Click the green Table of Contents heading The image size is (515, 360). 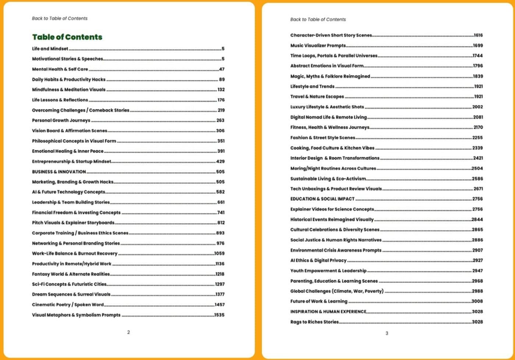tap(67, 37)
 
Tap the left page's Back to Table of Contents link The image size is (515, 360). tap(60, 18)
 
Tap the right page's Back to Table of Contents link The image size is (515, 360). tap(318, 19)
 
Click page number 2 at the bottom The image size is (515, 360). tap(128, 332)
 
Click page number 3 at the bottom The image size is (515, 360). tap(387, 333)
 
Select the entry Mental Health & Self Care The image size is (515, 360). tap(60, 69)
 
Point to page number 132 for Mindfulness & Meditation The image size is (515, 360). tap(221, 89)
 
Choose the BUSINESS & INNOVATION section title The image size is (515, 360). tap(59, 172)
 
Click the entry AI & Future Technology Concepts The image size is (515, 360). tap(68, 192)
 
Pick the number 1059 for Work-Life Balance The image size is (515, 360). tap(219, 253)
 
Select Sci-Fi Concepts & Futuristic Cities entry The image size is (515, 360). tap(69, 284)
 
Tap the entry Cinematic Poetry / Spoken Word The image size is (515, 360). tap(68, 304)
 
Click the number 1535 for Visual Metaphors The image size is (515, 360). tap(219, 315)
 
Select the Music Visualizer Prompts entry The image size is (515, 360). tap(318, 45)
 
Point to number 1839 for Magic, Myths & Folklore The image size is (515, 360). tap(478, 76)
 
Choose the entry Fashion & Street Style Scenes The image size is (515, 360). tap(323, 137)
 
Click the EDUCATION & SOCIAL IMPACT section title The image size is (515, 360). tap(322, 199)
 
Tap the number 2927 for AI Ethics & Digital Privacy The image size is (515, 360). tap(477, 260)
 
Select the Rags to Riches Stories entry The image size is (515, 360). tap(314, 322)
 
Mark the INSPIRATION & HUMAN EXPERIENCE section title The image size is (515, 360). tap(328, 311)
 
